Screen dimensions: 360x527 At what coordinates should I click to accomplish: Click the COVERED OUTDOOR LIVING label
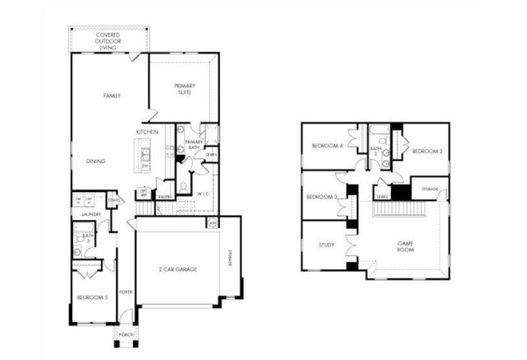click(x=111, y=40)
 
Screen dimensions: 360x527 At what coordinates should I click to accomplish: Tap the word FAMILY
click(x=111, y=96)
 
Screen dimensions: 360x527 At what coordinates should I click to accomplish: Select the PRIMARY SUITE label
click(x=184, y=89)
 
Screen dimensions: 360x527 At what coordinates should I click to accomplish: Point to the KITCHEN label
click(x=147, y=132)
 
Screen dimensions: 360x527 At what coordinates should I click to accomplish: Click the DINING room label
click(x=96, y=161)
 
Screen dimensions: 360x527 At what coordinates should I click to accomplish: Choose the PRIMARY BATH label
click(x=194, y=145)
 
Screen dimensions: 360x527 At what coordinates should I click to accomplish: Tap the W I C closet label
click(x=203, y=194)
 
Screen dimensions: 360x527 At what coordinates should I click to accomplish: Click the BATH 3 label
click(x=87, y=239)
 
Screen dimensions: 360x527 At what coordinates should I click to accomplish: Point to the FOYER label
click(x=126, y=292)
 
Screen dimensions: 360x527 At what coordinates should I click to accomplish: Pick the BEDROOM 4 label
click(x=326, y=146)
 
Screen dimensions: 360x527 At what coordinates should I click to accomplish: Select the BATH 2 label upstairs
click(x=374, y=149)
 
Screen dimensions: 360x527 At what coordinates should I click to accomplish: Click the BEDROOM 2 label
click(x=427, y=152)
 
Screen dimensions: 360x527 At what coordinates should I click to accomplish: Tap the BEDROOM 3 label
click(x=322, y=197)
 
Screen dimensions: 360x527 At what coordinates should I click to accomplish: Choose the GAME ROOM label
click(x=405, y=246)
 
